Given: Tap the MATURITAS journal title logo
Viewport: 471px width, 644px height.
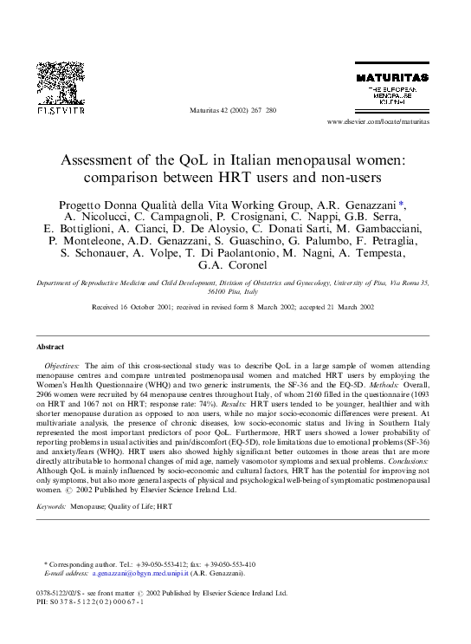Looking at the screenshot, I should pos(393,79).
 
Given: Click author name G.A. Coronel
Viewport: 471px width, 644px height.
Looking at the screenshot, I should pos(235,266).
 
